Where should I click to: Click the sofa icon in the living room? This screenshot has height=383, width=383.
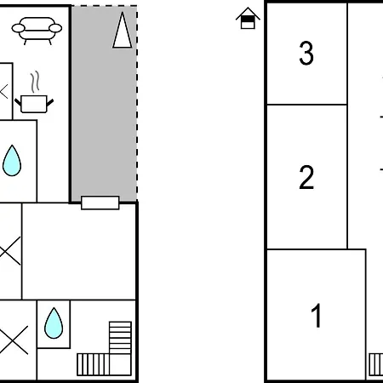click(37, 31)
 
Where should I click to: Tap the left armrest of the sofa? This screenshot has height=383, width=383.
click(19, 28)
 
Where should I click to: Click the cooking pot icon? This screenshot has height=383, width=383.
click(34, 104)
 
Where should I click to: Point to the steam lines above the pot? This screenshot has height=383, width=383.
click(35, 82)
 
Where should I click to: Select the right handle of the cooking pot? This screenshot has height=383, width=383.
click(50, 102)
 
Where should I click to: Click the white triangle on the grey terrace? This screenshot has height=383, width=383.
click(123, 30)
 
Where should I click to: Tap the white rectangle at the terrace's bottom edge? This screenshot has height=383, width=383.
click(100, 203)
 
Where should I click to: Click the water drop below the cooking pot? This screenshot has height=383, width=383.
click(12, 161)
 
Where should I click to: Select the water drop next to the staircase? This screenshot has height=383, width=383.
click(54, 323)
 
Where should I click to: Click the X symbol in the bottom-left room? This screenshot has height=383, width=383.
click(14, 340)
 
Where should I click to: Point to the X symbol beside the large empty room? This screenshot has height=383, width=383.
click(10, 251)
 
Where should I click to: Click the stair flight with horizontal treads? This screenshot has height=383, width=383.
click(120, 338)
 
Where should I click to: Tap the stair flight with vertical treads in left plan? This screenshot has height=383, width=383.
click(94, 364)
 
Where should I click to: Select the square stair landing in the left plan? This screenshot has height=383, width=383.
click(120, 364)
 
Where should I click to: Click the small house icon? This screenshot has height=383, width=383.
click(248, 18)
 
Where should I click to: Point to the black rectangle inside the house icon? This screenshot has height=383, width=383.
click(248, 19)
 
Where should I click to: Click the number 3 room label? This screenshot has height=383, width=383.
click(306, 53)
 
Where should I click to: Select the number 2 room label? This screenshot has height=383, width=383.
click(306, 177)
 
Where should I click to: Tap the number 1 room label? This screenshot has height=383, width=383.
click(317, 315)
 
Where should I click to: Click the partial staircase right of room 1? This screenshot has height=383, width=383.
click(376, 364)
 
